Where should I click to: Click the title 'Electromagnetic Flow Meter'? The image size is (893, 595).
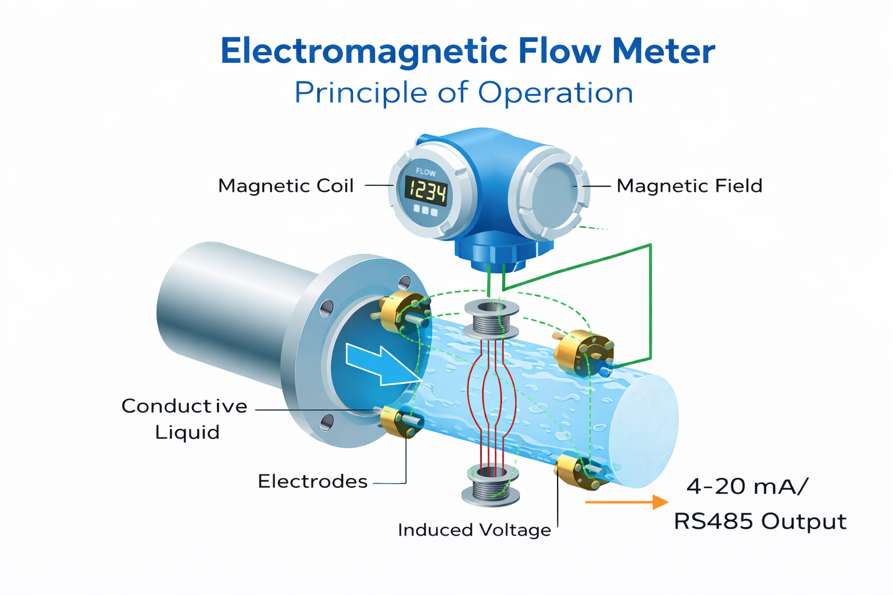pyautogui.click(x=467, y=51)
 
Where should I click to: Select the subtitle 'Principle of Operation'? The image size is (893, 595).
pyautogui.click(x=463, y=93)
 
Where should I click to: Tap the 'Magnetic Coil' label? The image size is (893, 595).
pyautogui.click(x=285, y=186)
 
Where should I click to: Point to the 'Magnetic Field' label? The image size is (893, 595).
pyautogui.click(x=689, y=186)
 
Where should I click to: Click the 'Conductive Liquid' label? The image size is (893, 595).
pyautogui.click(x=184, y=418)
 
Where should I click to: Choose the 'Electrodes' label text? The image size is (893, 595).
pyautogui.click(x=312, y=481)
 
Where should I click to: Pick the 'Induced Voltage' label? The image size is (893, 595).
pyautogui.click(x=474, y=530)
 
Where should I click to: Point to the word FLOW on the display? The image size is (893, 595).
pyautogui.click(x=426, y=172)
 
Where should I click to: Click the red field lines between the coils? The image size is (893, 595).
pyautogui.click(x=492, y=395)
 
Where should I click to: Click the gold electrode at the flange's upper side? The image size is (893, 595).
pyautogui.click(x=401, y=310)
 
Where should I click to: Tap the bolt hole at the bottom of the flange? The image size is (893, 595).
pyautogui.click(x=327, y=422)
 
